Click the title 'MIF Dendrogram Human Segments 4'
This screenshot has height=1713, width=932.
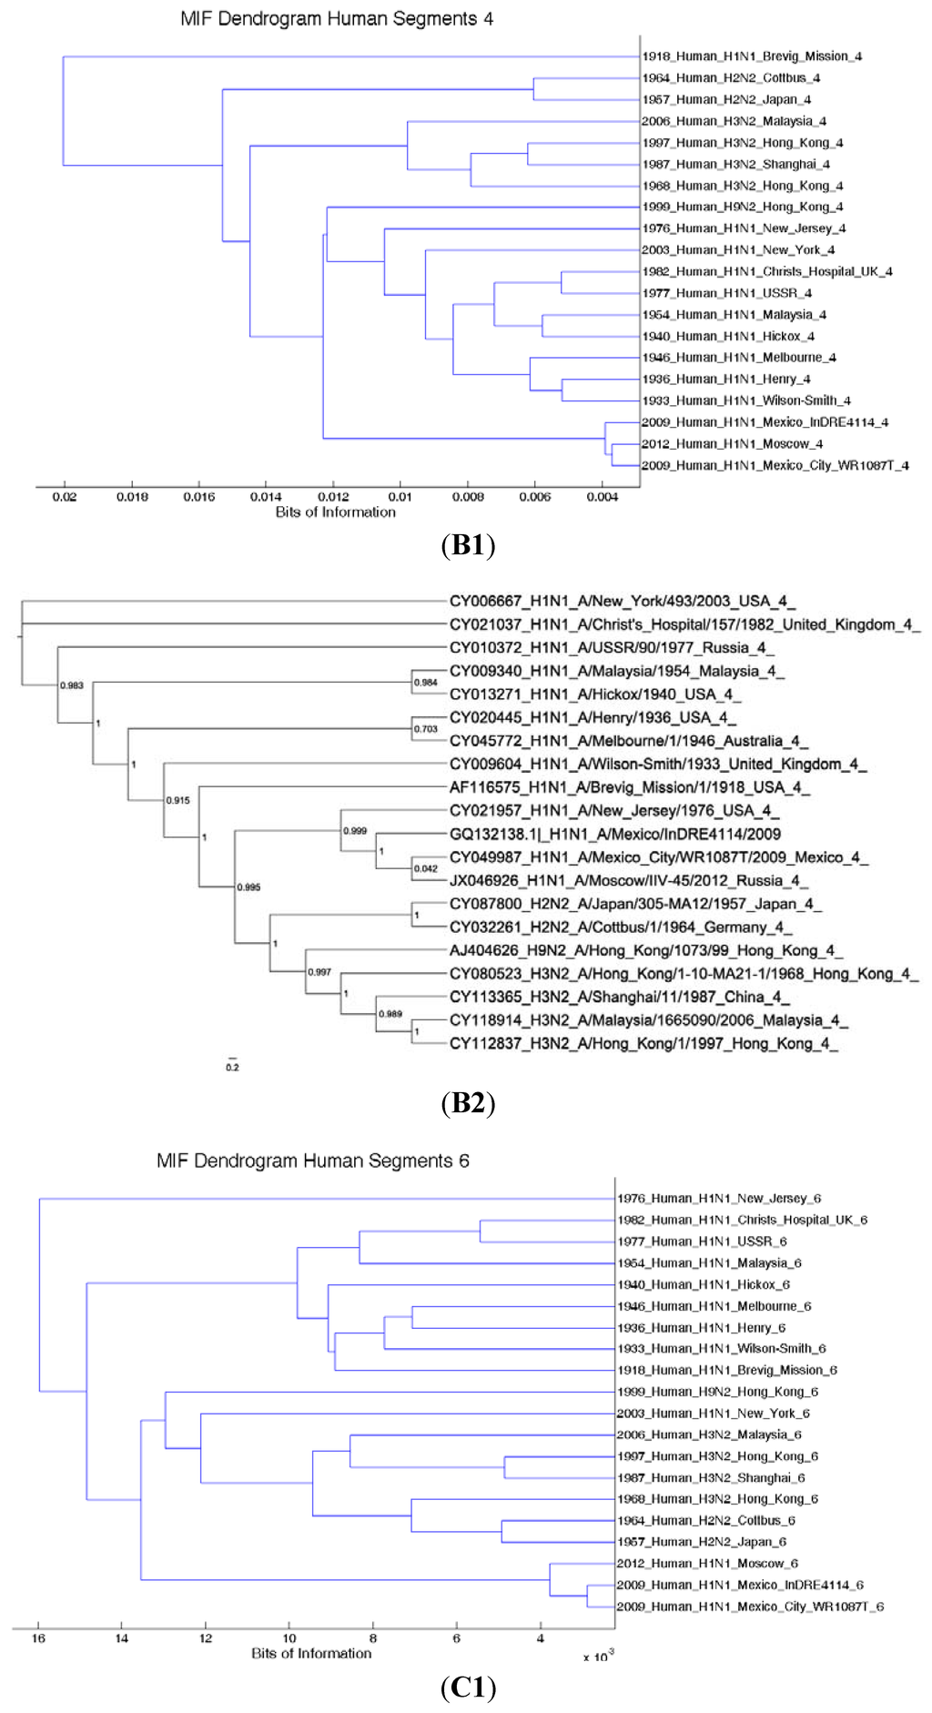click(337, 18)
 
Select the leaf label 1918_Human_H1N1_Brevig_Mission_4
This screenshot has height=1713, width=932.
click(752, 56)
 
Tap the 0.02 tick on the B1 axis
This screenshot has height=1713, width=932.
click(65, 497)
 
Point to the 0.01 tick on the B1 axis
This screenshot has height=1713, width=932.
click(400, 497)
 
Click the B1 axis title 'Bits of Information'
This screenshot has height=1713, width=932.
click(336, 512)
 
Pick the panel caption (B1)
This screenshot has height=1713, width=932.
click(468, 545)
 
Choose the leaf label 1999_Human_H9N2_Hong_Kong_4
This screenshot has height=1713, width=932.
click(743, 208)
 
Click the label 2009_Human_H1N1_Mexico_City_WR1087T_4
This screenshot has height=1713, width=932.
click(775, 466)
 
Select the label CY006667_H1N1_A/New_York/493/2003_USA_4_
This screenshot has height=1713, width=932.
click(623, 602)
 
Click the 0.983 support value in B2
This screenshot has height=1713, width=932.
click(72, 685)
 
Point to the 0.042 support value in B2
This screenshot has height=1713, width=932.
click(426, 868)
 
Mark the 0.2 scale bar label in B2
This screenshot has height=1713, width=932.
click(232, 1067)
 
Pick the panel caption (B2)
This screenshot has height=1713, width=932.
click(468, 1103)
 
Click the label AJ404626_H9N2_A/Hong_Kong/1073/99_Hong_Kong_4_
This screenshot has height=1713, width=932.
click(646, 951)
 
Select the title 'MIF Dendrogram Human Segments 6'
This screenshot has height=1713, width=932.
click(313, 1161)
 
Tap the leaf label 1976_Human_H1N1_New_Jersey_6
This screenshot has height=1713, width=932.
click(719, 1199)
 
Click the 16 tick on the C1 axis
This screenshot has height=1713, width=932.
click(38, 1638)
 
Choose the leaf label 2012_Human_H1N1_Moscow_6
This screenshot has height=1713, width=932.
click(707, 1564)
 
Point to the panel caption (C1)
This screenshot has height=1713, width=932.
click(468, 1688)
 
